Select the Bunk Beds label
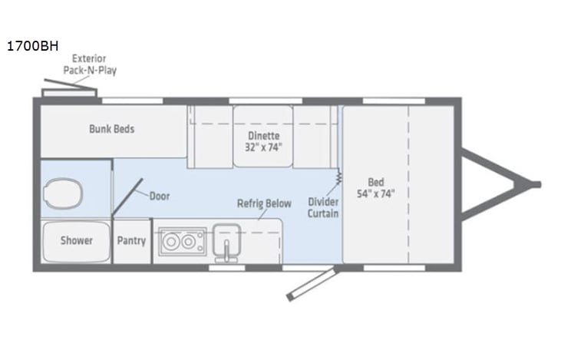[111, 129]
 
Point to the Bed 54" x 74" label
[376, 188]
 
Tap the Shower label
[77, 240]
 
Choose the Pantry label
[131, 240]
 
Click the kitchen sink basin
[227, 241]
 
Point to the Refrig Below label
[264, 203]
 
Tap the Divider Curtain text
[323, 207]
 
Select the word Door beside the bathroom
[160, 196]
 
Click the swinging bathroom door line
[127, 198]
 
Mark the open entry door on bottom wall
[311, 283]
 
